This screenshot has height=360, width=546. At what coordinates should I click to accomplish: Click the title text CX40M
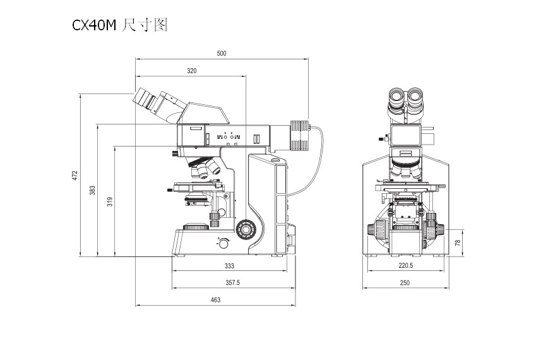pos(94,26)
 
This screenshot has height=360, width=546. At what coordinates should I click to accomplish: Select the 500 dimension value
pos(222,54)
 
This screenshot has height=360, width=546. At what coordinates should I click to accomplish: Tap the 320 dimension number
pos(191,71)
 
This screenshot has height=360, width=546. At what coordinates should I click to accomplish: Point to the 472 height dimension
pos(74,174)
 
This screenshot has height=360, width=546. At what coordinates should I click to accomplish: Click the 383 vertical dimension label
pos(92,189)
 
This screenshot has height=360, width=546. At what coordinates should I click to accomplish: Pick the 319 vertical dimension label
pos(109,202)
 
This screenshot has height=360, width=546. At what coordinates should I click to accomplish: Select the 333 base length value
pos(229,266)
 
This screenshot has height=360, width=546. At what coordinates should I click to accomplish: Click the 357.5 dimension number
pos(232,283)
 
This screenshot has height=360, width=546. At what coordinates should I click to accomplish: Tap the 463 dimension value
pos(215,300)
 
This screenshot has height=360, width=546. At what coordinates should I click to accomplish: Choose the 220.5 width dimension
pos(405,266)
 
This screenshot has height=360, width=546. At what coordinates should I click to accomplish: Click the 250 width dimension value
pos(405,283)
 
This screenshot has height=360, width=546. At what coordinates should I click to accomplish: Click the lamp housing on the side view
pos(299,135)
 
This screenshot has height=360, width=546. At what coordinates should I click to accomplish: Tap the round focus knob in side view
pos(244,228)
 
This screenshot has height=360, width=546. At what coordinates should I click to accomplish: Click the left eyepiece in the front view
pos(397,98)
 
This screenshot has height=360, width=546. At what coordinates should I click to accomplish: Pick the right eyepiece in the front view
pos(417,98)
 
